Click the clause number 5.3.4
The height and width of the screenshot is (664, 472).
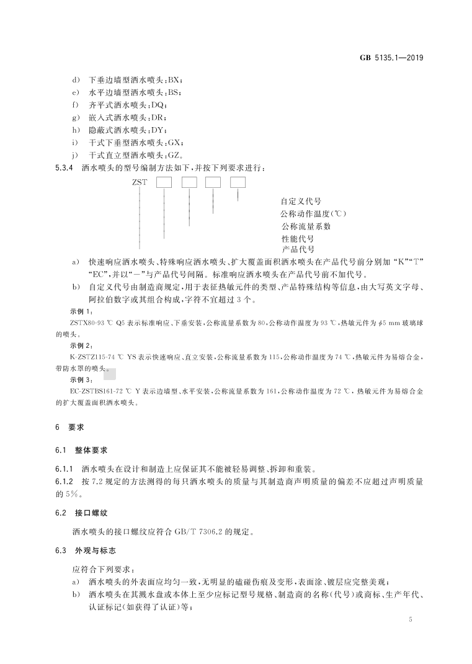(65, 167)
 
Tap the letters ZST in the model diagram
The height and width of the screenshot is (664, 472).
(140, 183)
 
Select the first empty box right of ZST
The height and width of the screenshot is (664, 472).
(163, 182)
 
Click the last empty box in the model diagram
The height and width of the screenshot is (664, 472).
(238, 182)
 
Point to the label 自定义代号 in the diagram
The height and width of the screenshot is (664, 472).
(301, 201)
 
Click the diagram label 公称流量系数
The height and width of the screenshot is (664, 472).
(306, 226)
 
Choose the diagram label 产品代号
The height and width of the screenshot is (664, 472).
(298, 249)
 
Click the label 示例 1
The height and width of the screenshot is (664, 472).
(81, 311)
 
